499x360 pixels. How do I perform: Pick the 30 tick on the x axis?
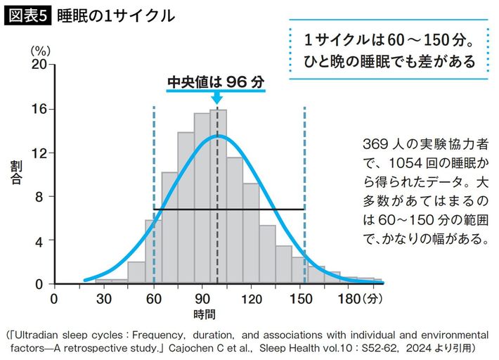click(x=103, y=297)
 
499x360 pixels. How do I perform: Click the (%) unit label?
click(x=39, y=50)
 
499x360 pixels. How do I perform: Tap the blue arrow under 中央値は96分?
click(x=216, y=98)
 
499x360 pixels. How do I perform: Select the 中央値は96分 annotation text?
click(x=216, y=82)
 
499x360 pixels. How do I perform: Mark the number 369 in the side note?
click(x=375, y=143)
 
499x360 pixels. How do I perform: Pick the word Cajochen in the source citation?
click(x=189, y=347)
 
